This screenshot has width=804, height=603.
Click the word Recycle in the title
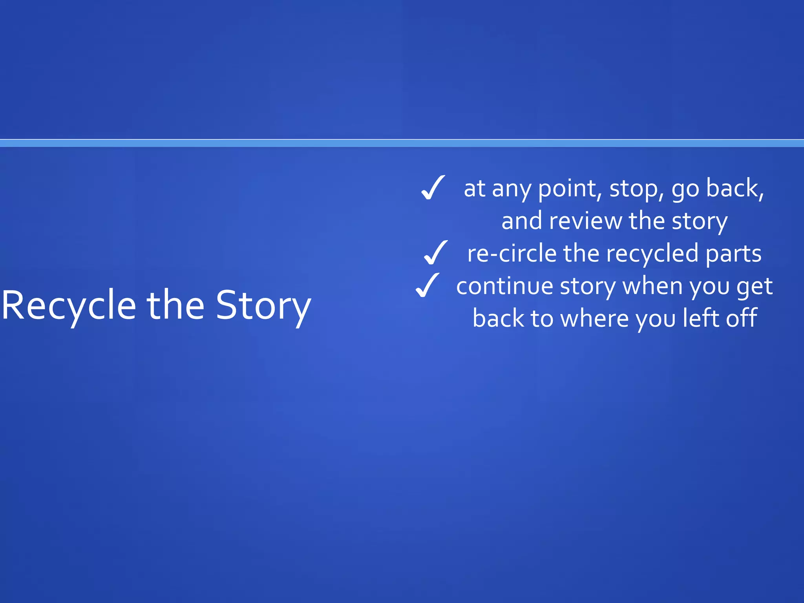69,305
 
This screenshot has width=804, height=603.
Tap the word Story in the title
263,305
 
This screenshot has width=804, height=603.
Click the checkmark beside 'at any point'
433,188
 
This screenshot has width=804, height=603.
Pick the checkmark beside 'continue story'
427,285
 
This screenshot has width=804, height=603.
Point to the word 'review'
585,221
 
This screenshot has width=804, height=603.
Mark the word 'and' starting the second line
522,221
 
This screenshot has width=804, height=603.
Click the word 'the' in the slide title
175,305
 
